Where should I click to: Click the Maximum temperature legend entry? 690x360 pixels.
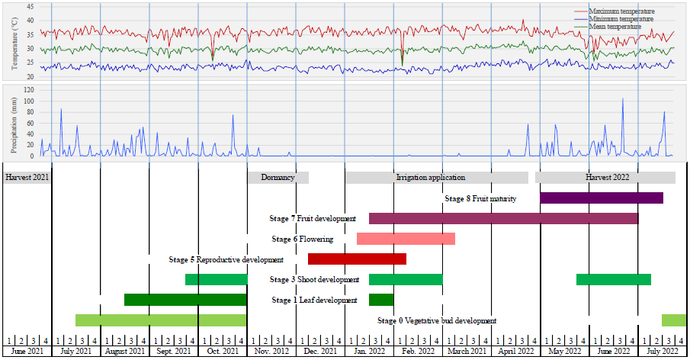621,11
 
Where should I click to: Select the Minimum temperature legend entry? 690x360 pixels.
621,18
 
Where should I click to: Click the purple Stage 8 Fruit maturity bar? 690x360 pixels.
601,198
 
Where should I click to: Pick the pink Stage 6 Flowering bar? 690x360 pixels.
406,239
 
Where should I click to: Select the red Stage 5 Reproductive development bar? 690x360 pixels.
357,259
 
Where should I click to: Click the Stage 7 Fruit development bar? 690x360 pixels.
503,219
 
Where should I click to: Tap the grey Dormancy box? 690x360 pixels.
278,178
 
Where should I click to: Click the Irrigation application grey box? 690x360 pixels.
436,178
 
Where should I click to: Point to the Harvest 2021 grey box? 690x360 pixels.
27,178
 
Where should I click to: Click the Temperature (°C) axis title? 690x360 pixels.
14,44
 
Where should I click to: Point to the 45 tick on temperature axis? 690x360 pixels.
30,6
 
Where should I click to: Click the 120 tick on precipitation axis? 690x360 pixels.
28,89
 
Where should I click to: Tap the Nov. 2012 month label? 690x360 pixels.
271,352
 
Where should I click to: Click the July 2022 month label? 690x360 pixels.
662,352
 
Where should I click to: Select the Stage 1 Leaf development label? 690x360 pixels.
314,301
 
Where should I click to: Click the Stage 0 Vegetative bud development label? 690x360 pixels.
437,321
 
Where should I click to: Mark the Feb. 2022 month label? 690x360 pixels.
418,352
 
